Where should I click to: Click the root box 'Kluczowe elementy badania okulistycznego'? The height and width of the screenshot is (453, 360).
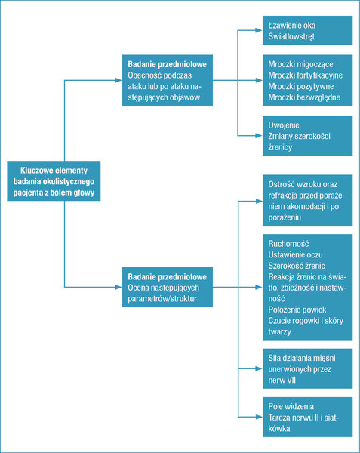[54, 181]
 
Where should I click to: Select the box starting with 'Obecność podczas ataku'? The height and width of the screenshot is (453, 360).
[168, 80]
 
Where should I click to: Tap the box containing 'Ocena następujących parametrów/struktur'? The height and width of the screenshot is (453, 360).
[168, 287]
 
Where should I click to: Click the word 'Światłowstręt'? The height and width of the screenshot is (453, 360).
[291, 36]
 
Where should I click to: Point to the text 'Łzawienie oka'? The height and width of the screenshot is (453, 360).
[292, 26]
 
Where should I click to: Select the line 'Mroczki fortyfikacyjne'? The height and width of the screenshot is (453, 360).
[306, 75]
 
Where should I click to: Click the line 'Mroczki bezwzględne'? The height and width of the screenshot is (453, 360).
[304, 97]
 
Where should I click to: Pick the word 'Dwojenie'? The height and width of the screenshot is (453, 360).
[284, 125]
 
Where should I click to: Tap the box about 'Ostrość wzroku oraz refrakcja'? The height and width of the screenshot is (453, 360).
[307, 200]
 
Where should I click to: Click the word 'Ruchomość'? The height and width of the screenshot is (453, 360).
[288, 244]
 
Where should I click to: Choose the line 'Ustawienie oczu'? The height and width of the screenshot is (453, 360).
[295, 254]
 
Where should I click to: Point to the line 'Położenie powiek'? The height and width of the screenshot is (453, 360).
[297, 310]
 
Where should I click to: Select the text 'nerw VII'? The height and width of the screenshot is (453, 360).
[282, 380]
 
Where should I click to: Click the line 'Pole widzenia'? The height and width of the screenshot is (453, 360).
[291, 406]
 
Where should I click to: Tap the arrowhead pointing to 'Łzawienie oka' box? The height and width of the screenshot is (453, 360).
[259, 30]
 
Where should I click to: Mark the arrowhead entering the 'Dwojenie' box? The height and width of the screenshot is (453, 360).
[259, 135]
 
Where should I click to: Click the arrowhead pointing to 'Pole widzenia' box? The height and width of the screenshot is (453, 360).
[259, 417]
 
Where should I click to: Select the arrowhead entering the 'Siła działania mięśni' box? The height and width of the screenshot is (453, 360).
[259, 368]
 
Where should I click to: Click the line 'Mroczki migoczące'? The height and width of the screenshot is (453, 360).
[300, 64]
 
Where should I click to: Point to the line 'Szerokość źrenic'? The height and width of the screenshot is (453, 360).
[297, 266]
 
